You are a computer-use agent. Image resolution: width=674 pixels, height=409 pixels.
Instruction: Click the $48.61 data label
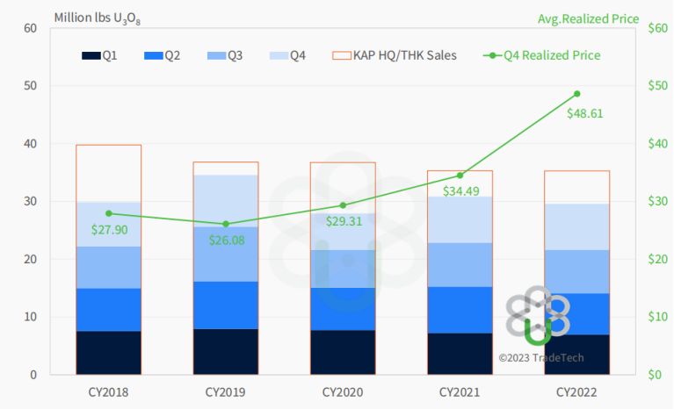pos(584,113)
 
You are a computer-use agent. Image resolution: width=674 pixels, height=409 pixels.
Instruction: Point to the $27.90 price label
pos(110,229)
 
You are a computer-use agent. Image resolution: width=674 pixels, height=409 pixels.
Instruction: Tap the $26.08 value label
pos(227,240)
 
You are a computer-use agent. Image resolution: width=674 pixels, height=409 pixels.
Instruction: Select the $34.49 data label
pos(460,190)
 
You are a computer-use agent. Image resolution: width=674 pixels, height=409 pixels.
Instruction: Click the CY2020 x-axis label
pos(343,391)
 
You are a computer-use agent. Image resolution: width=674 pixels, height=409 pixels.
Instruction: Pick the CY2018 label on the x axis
pos(108,391)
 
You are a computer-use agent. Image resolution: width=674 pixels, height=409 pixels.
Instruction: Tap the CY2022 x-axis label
pos(577,391)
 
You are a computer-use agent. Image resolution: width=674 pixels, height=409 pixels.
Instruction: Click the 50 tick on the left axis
pos(30,86)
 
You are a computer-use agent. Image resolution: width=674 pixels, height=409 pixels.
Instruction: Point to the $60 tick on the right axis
pos(655,29)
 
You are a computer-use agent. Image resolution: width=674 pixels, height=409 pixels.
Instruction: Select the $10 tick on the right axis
pos(655,317)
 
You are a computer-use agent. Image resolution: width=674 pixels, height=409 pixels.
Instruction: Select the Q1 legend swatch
pos(91,56)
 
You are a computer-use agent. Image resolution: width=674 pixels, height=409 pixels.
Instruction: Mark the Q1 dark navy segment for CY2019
pos(226,351)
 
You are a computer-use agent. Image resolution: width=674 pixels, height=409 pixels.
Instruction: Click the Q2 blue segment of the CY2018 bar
pos(109,309)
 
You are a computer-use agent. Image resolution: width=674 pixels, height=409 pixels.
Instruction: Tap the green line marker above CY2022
pos(577,94)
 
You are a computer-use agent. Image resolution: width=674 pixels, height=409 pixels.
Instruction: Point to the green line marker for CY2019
pos(226,224)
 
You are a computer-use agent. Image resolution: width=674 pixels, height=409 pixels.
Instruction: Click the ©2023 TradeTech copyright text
pos(540,358)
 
